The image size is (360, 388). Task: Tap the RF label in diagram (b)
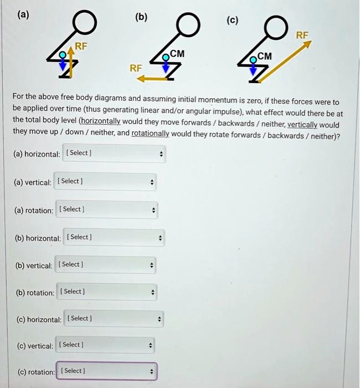[x=136, y=68]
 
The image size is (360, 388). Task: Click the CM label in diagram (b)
[x=177, y=54]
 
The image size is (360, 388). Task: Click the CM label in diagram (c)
[x=264, y=55]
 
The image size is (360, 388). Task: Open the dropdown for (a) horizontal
[x=114, y=154]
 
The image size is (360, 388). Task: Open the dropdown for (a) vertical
[x=105, y=181]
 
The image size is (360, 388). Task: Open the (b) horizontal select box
[x=114, y=237]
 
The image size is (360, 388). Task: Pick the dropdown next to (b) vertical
[x=105, y=264]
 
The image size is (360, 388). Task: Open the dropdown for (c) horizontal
[x=114, y=319]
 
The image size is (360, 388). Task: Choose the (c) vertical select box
[x=105, y=345]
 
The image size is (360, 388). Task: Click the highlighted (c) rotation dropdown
[x=107, y=371]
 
